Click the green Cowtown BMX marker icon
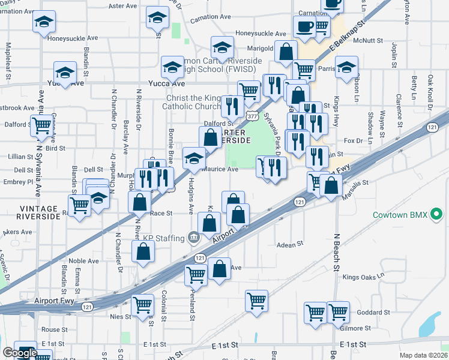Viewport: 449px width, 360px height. [437, 214]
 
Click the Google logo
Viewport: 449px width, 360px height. [19, 353]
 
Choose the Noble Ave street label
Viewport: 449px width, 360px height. [83, 261]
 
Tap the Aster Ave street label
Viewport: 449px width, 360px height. [123, 6]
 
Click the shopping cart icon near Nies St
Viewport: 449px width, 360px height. [142, 305]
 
